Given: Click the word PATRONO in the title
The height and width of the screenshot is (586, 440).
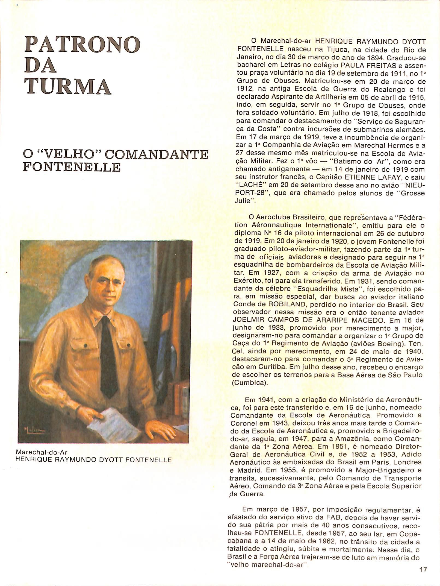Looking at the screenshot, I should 82,44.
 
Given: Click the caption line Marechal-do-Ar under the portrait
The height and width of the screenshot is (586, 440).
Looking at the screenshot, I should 42,452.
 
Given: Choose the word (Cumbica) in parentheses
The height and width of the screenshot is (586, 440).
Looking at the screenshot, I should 250,383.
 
